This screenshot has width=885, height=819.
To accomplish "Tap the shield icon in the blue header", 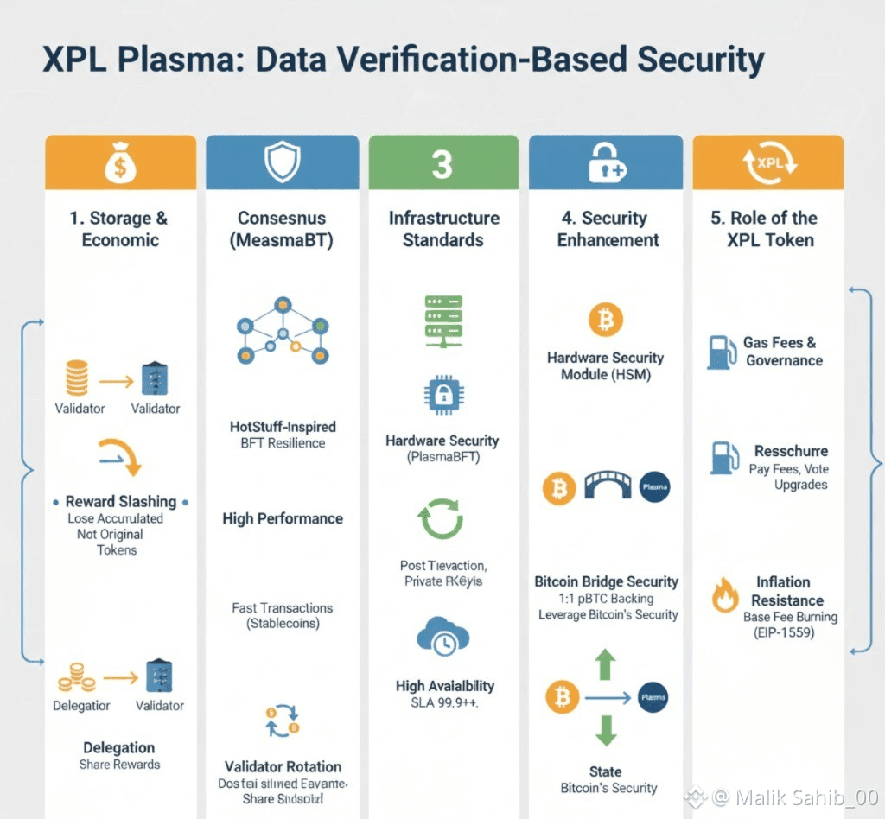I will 282,162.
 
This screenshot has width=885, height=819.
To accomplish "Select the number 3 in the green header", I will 442,163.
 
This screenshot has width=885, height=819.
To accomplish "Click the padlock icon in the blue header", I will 606,162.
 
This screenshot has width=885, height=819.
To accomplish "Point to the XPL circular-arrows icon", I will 769,162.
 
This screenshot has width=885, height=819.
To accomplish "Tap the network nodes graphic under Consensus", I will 283,329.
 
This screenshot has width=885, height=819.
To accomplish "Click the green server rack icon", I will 443,321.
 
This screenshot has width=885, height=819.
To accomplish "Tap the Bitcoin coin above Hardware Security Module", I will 605,321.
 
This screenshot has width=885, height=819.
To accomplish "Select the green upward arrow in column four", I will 606,664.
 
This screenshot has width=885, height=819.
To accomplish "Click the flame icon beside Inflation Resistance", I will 723,595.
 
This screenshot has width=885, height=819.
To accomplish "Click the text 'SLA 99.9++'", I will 444,703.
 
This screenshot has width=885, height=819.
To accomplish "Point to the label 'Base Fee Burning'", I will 790,617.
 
